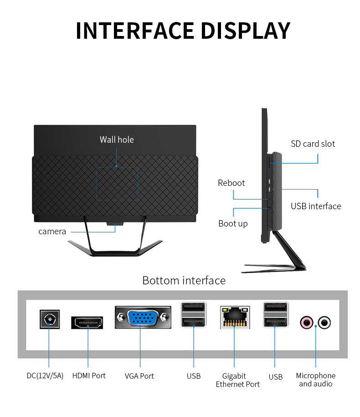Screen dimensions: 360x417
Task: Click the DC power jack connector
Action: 50,319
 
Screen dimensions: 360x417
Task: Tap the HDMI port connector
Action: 87,323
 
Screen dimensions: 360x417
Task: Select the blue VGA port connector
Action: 143,317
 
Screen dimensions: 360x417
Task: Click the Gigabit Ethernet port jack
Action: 235,317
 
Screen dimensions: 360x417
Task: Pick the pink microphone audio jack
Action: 307,322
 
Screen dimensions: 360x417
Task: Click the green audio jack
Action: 324,322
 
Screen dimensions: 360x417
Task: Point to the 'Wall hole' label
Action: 117,139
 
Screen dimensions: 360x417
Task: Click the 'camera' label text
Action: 52,232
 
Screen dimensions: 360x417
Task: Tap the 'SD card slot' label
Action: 313,144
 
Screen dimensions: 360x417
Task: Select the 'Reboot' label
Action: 231,183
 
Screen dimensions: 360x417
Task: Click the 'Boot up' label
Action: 233,224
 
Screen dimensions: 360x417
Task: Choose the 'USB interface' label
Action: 316,206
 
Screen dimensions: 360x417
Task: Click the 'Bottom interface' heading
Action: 184,281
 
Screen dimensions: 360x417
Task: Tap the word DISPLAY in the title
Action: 246,31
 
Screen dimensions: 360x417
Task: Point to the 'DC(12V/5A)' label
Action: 45,376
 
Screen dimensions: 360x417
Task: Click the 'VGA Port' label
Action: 139,376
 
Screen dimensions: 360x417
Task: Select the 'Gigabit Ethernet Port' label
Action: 238,380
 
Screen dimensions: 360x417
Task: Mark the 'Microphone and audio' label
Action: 316,380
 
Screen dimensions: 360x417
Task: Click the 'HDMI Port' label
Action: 89,376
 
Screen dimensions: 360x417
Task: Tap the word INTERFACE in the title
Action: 135,31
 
